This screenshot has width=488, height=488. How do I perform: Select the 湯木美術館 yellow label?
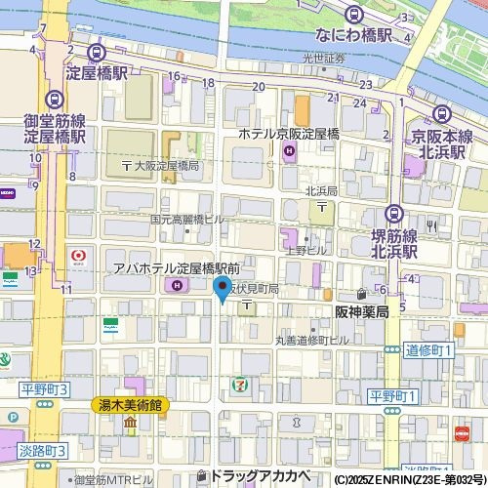[x=130, y=404]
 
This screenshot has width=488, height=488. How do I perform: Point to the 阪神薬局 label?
[x=362, y=312]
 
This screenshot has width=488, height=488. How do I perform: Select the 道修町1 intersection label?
[x=429, y=349]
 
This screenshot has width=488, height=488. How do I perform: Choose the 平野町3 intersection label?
[x=45, y=389]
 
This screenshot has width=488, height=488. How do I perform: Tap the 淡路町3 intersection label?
[x=41, y=451]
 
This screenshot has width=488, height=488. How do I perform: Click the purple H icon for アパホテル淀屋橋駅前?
[x=177, y=285]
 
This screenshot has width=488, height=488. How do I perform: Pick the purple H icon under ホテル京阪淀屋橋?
[x=289, y=150]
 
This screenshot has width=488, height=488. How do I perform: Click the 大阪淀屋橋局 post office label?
[x=160, y=167]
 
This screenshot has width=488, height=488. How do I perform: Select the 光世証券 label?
[x=323, y=59]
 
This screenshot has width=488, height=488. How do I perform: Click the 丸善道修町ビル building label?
[x=310, y=340]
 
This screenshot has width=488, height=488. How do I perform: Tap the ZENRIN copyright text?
[x=409, y=480]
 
